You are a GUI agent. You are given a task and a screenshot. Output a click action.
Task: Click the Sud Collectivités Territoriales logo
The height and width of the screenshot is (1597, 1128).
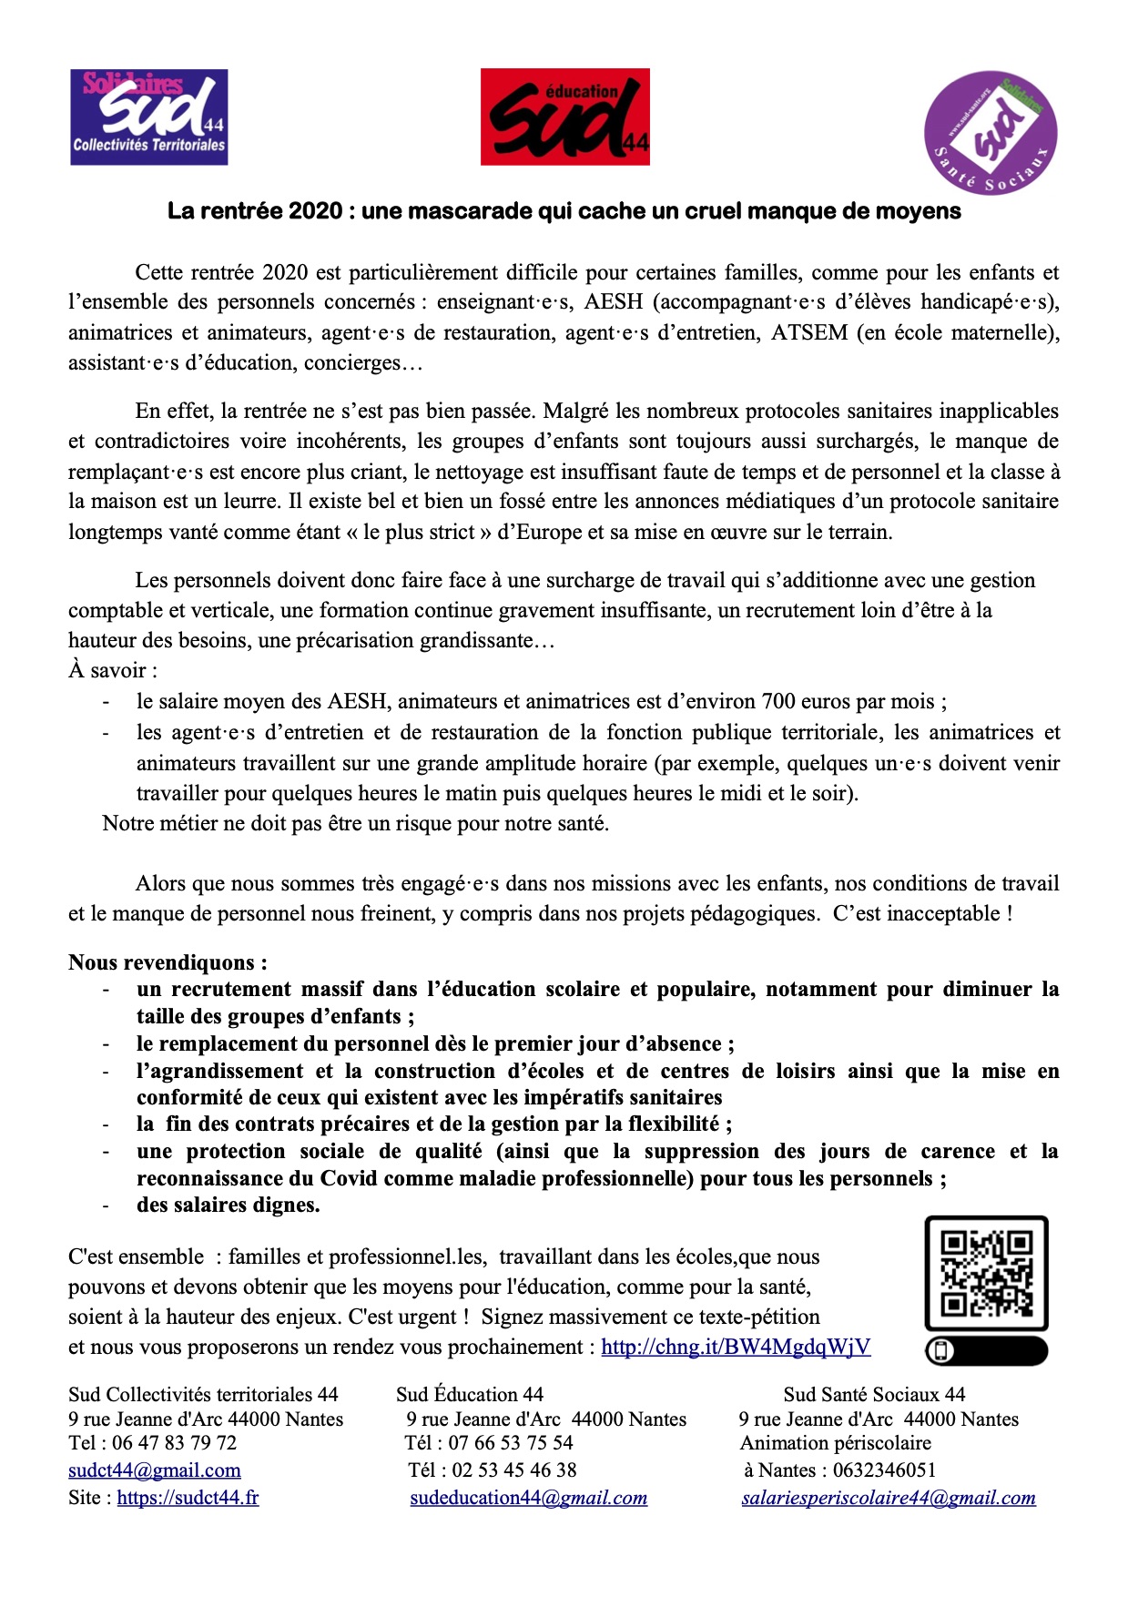(149, 117)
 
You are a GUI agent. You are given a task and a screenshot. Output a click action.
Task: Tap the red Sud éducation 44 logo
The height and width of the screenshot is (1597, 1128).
(564, 117)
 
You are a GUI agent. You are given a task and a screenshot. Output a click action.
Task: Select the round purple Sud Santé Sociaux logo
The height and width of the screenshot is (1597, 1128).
(990, 133)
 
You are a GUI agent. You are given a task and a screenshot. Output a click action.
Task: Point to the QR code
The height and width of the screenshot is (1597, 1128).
(986, 1273)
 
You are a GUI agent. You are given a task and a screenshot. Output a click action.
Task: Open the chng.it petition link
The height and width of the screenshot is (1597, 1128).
(736, 1347)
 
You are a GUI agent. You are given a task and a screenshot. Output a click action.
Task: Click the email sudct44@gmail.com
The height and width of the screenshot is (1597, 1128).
(155, 1470)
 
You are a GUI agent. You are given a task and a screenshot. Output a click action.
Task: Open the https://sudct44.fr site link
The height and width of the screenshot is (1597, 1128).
(188, 1498)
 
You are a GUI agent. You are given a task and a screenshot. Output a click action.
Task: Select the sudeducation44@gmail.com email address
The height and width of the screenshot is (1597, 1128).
(528, 1498)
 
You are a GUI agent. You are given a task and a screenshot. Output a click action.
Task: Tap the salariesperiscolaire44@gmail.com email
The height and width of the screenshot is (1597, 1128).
(889, 1498)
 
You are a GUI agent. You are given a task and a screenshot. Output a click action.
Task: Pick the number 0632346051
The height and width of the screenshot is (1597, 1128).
(884, 1470)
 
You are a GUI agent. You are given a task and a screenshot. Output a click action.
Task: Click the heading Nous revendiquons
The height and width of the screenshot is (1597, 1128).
(168, 962)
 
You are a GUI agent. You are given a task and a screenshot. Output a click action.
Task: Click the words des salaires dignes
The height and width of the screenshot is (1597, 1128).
(229, 1205)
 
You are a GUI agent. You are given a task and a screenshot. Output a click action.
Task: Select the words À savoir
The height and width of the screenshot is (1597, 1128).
(113, 671)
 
